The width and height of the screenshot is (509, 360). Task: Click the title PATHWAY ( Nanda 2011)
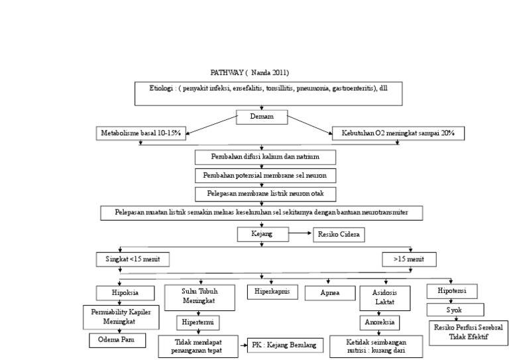tap(249, 72)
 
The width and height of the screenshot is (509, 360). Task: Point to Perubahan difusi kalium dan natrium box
tap(265, 158)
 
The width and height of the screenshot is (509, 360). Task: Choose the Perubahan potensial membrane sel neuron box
tap(265, 176)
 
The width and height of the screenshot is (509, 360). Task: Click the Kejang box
tap(264, 234)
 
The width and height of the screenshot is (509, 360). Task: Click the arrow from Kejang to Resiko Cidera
tap(302, 234)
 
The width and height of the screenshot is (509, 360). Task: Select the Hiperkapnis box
tap(271, 290)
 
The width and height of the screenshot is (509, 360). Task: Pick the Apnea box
tap(327, 291)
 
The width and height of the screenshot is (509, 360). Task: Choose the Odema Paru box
tap(116, 340)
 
